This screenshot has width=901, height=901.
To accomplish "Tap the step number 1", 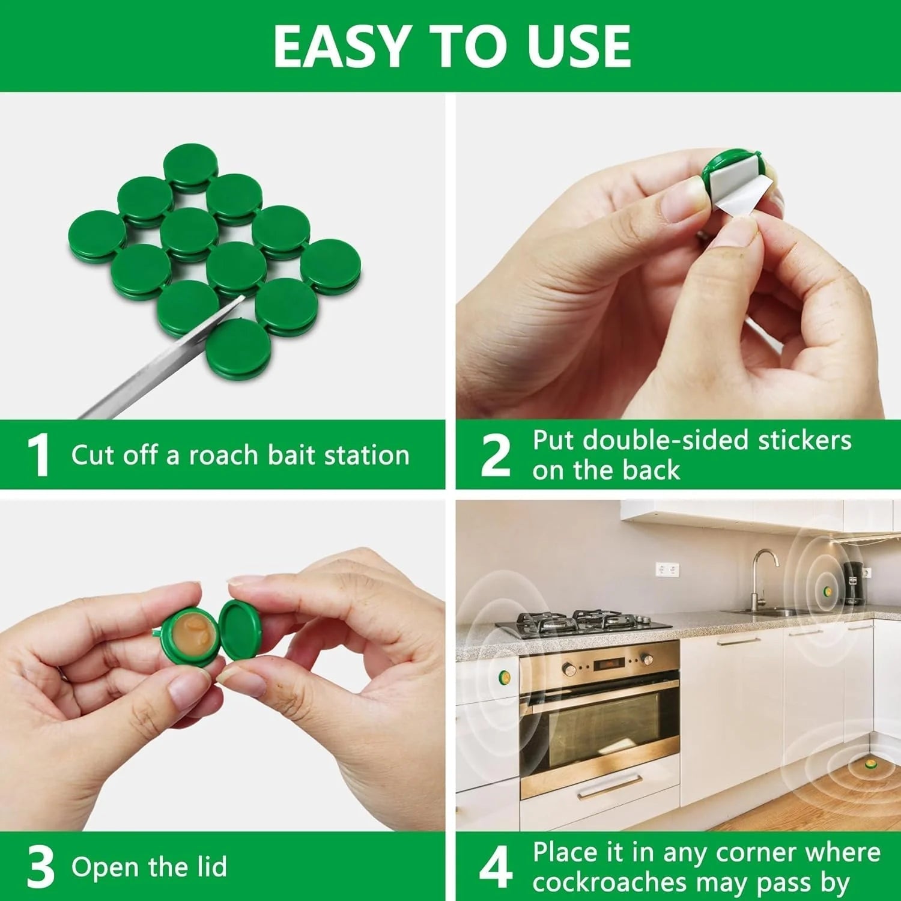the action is coord(38,455).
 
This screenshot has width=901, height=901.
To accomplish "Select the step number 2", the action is coord(496,455).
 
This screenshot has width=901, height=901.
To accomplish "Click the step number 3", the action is coord(40,867).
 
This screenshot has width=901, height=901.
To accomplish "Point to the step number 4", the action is coord(496,867).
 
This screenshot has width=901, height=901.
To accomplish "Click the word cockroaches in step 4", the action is coord(609,883).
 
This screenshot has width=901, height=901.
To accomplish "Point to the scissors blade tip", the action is coord(244,296).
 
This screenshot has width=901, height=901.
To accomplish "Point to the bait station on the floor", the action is coord(869,765).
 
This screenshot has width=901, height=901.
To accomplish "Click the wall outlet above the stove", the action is coord(667,568).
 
